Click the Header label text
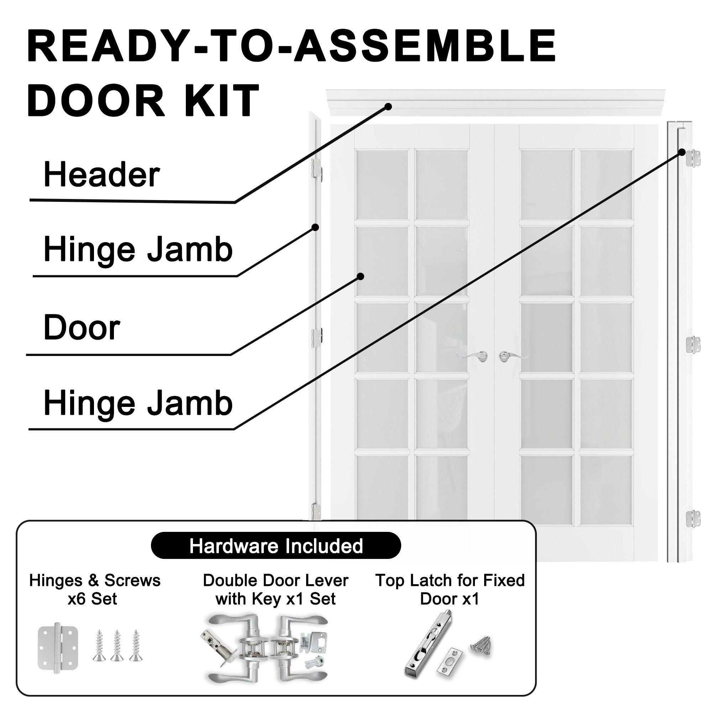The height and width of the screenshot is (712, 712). pyautogui.click(x=102, y=175)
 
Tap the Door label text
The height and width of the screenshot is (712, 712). pyautogui.click(x=82, y=328)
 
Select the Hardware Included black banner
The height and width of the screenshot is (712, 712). pyautogui.click(x=276, y=546)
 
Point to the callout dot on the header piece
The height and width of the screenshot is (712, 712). pyautogui.click(x=388, y=106)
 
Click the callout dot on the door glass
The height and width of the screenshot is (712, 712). pyautogui.click(x=361, y=276)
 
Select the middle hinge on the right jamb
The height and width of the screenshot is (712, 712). pyautogui.click(x=693, y=345)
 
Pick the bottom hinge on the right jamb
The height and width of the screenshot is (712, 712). pyautogui.click(x=693, y=519)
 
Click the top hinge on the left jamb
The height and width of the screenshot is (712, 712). pyautogui.click(x=316, y=169)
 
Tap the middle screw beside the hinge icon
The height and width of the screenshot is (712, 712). pyautogui.click(x=117, y=646)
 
